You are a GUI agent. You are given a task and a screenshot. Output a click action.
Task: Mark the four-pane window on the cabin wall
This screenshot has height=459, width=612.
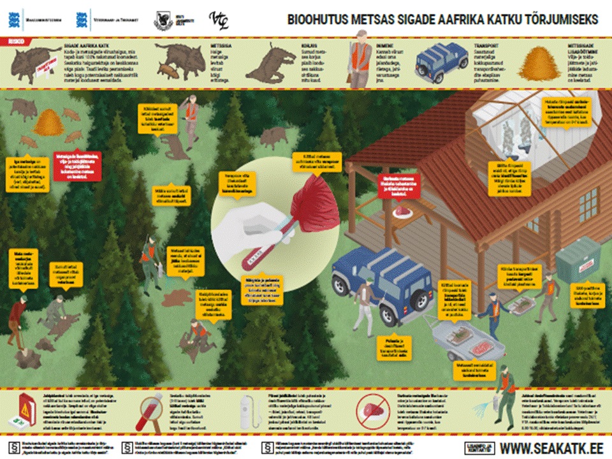coord(588,205)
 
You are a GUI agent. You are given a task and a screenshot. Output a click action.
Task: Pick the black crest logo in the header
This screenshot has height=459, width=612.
coord(164,20)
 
